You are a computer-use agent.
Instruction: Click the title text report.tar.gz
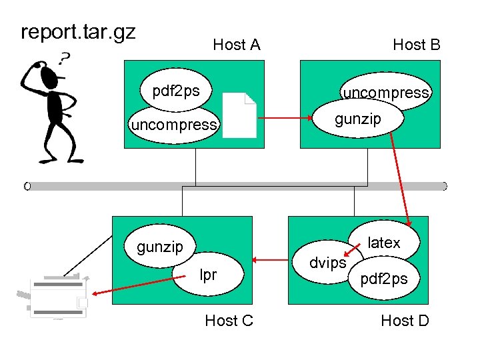coord(78,32)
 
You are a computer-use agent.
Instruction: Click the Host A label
coord(236,45)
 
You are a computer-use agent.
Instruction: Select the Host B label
coord(416,45)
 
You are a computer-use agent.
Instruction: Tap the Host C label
coord(229,321)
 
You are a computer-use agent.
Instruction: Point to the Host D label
coord(405,321)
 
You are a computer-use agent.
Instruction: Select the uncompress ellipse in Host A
coord(174,125)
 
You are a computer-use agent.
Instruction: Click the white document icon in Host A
coord(239,115)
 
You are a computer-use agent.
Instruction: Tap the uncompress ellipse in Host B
coord(387,92)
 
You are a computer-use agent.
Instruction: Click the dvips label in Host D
coord(328,263)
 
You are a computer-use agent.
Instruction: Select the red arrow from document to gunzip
coord(285,120)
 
